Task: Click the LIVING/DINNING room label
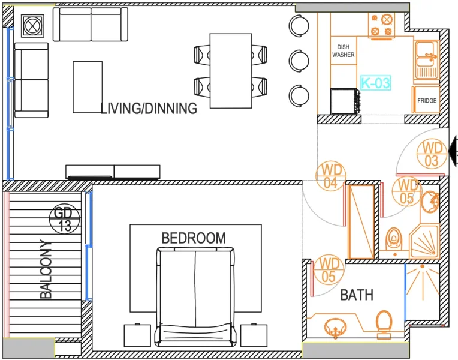click(149, 109)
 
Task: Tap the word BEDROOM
click(194, 238)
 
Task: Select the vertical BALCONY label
click(47, 269)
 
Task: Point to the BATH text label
click(357, 295)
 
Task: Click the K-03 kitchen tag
click(375, 83)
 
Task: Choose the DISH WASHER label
click(343, 51)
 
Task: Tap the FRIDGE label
click(427, 101)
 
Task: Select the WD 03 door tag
click(432, 154)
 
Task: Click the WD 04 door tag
click(330, 176)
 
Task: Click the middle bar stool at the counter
click(299, 60)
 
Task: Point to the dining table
click(230, 70)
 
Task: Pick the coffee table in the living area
click(88, 86)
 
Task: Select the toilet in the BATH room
click(383, 322)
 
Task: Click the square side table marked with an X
click(31, 26)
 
